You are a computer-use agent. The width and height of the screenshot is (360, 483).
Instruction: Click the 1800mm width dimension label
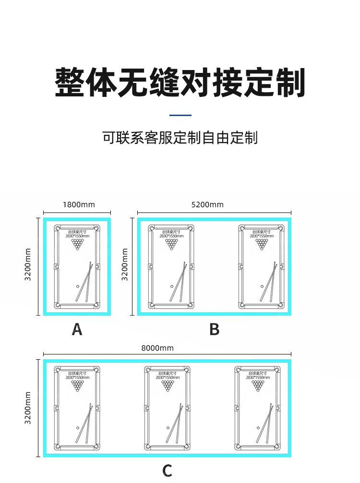tap(79, 205)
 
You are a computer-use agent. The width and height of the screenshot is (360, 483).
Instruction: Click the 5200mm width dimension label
tap(207, 205)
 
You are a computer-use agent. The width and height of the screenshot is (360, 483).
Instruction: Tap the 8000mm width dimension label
tap(157, 348)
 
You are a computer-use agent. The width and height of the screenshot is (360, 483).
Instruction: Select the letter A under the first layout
tap(77, 330)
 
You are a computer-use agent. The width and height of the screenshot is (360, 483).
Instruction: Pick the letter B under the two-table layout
tap(214, 330)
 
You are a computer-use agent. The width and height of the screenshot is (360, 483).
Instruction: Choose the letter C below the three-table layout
tap(167, 471)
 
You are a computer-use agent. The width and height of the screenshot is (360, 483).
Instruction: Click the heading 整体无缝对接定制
tap(180, 82)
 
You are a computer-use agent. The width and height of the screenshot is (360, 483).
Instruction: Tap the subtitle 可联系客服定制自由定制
tap(180, 138)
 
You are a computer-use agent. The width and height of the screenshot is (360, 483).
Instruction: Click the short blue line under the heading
tap(180, 115)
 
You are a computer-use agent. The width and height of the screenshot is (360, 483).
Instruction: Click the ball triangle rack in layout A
tap(77, 245)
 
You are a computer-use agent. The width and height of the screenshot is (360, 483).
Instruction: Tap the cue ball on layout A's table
tap(78, 286)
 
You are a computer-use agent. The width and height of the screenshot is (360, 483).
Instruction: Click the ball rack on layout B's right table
tap(262, 245)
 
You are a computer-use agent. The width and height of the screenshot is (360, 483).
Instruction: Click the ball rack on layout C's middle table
tap(168, 386)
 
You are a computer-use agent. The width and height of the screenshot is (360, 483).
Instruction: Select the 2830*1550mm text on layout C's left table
tap(77, 377)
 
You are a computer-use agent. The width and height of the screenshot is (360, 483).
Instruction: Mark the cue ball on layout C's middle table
tap(168, 427)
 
